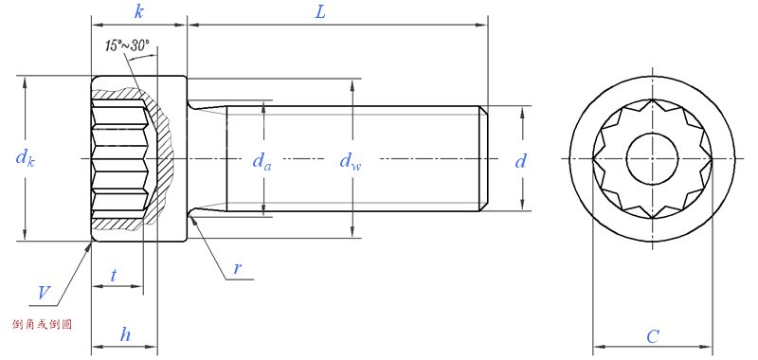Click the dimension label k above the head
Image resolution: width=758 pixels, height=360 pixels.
[138, 12]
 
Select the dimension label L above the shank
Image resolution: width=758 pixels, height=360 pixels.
[320, 12]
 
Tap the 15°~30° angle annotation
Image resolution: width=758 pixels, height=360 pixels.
[127, 45]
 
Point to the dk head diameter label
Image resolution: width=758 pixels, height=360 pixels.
[26, 158]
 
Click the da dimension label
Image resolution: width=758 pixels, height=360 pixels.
[262, 161]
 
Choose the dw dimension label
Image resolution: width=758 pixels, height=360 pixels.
[351, 161]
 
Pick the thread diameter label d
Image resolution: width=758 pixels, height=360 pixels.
[520, 161]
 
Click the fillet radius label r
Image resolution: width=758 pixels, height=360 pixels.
[237, 268]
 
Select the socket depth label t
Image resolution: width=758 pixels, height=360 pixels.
[113, 275]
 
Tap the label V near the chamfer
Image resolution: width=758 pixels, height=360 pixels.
[45, 294]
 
